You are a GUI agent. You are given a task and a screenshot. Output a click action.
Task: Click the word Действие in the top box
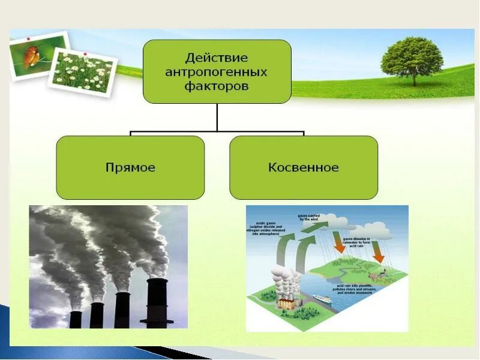point(217,58)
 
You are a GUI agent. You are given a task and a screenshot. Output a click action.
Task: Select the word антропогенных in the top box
point(217,72)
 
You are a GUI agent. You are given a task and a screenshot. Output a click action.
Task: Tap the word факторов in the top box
point(217,86)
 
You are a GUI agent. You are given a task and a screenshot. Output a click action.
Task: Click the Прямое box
point(130,167)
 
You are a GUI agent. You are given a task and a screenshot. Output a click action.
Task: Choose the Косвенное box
point(304,167)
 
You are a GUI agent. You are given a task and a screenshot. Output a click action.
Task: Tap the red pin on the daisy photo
point(86,55)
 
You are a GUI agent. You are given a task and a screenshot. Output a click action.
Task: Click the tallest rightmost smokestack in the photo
point(157,303)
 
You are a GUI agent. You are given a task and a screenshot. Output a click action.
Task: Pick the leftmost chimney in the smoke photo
point(75,319)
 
